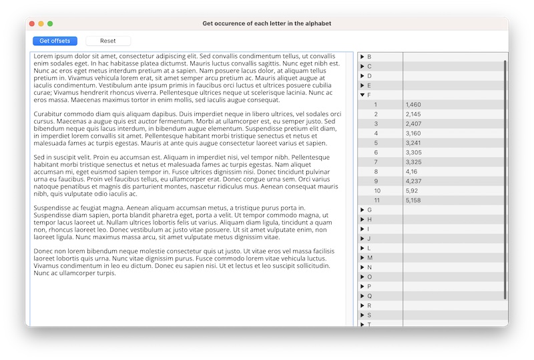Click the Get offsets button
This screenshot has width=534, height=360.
(x=55, y=41)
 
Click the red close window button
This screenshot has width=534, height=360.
(x=31, y=23)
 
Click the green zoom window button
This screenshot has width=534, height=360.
(x=50, y=23)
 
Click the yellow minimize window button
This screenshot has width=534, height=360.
(x=41, y=23)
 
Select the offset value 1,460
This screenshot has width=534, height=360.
(x=413, y=105)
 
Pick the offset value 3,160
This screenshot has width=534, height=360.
(x=413, y=133)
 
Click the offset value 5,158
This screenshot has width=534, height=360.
(x=413, y=200)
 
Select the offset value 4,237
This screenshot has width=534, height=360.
(x=413, y=181)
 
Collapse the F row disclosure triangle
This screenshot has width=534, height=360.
(x=362, y=95)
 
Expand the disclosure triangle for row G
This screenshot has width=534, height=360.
(x=362, y=210)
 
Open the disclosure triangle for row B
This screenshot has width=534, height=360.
(x=362, y=57)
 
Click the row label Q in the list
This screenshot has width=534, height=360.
(x=369, y=296)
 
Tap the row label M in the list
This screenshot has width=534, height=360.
(x=370, y=258)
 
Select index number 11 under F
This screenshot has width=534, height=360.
(x=377, y=200)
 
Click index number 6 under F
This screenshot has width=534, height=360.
(x=376, y=152)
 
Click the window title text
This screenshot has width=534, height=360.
(x=266, y=23)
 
